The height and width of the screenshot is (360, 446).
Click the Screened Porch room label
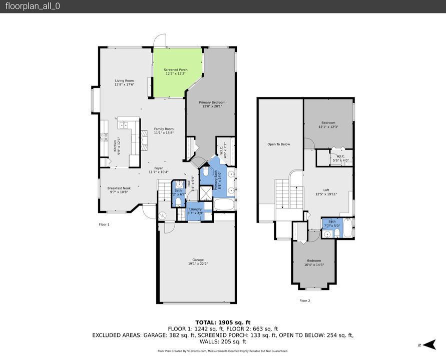tap(176, 71)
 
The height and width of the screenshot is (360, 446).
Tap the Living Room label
tap(124, 82)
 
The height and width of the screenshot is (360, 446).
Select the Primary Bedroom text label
tap(212, 104)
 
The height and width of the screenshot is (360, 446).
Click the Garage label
tap(198, 261)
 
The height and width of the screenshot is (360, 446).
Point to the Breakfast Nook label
tap(119, 190)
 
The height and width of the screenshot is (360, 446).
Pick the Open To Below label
tap(278, 144)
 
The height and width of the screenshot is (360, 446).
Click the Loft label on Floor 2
tap(326, 191)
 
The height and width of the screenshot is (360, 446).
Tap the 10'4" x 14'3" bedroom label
tap(314, 262)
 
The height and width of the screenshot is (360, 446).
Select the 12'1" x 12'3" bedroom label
tap(328, 124)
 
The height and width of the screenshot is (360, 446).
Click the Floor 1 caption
tap(104, 224)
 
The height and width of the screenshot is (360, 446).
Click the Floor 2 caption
tap(305, 300)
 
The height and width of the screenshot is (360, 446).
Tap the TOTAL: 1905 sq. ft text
tap(223, 322)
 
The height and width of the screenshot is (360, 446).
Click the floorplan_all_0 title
tap(33, 6)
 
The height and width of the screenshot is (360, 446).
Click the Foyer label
tap(158, 170)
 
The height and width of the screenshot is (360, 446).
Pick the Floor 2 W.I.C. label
tap(340, 158)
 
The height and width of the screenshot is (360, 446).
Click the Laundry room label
tap(195, 211)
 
